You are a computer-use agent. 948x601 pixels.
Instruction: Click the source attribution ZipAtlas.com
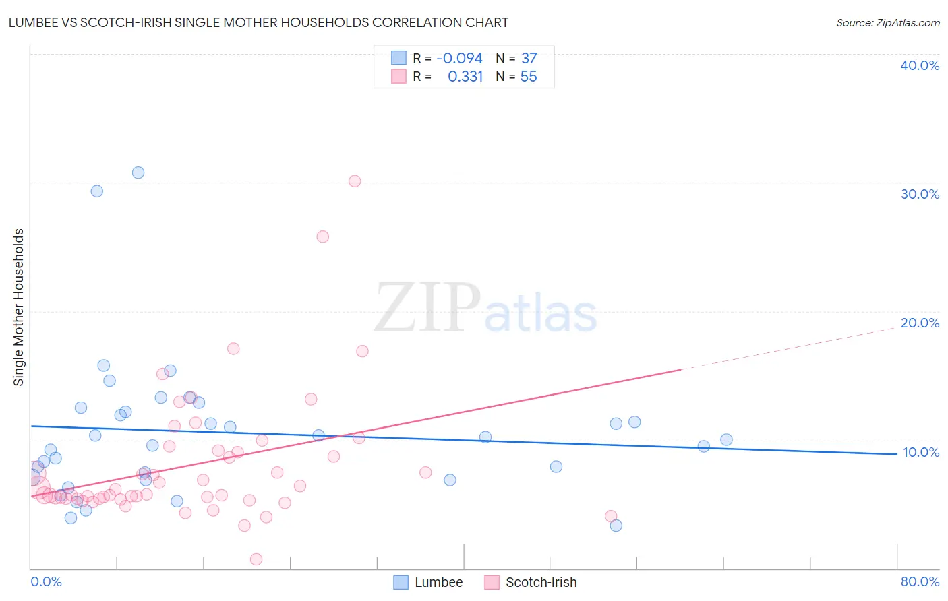point(887,23)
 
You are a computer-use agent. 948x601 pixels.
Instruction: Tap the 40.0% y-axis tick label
point(919,65)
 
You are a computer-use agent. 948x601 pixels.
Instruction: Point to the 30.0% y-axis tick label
point(919,194)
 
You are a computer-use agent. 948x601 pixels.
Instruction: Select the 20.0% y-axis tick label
point(919,323)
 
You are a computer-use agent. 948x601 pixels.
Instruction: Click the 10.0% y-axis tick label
point(920,452)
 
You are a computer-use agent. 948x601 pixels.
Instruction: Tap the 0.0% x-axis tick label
point(47,582)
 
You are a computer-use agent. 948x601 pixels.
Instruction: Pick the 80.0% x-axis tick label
point(920,582)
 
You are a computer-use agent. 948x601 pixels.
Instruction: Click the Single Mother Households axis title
point(19,307)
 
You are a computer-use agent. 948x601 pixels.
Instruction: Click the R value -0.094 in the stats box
point(459,59)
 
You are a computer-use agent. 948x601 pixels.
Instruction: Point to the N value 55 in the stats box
point(529,77)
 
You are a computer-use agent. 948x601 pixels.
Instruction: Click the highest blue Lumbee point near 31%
point(138,172)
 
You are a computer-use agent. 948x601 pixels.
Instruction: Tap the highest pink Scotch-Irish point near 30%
point(355,181)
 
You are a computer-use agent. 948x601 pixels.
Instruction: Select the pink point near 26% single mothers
point(323,236)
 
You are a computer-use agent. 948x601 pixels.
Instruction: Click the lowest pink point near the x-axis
point(256,559)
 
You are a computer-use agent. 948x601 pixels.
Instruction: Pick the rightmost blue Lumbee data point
point(726,440)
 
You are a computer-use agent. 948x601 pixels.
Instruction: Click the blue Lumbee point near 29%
point(97,191)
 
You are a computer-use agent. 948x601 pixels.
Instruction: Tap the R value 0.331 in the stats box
point(465,77)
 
